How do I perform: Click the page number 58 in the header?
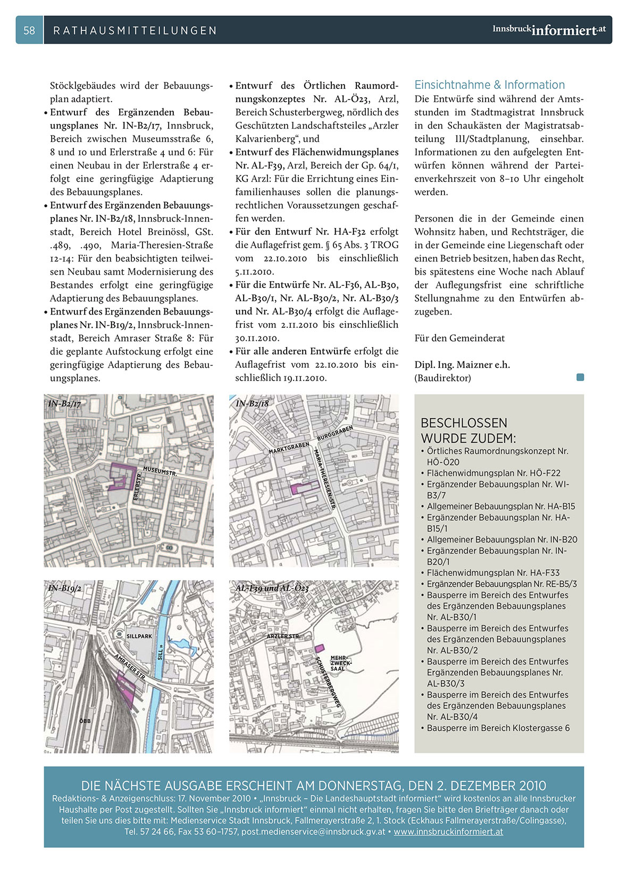(29, 30)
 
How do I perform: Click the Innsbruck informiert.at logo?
(549, 30)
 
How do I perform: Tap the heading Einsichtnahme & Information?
(489, 85)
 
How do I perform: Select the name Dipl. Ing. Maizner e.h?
(462, 365)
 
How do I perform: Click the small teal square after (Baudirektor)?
(580, 377)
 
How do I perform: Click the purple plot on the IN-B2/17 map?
(123, 475)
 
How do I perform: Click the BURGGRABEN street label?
(335, 433)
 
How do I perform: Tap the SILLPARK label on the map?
(139, 636)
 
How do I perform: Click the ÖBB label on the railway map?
(85, 721)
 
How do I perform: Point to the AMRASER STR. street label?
(130, 667)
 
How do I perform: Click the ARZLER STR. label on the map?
(283, 636)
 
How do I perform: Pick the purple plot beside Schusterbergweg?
(319, 648)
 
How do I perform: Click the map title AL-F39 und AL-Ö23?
(272, 588)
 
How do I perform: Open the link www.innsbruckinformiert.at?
(448, 832)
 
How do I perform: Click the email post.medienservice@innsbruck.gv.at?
(313, 832)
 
